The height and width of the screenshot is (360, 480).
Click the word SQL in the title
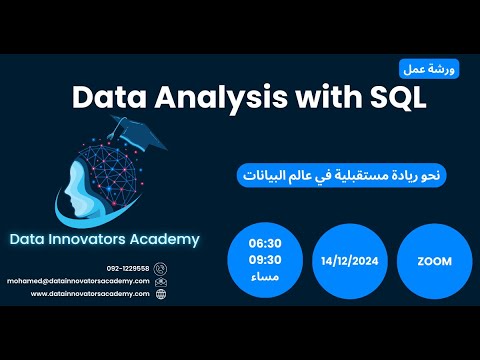point(392,98)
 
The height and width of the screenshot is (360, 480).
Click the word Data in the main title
point(109,98)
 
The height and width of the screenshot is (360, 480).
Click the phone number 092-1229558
point(128,269)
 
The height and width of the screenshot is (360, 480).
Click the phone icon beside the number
point(162,269)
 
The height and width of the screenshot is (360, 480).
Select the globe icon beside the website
point(162,294)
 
